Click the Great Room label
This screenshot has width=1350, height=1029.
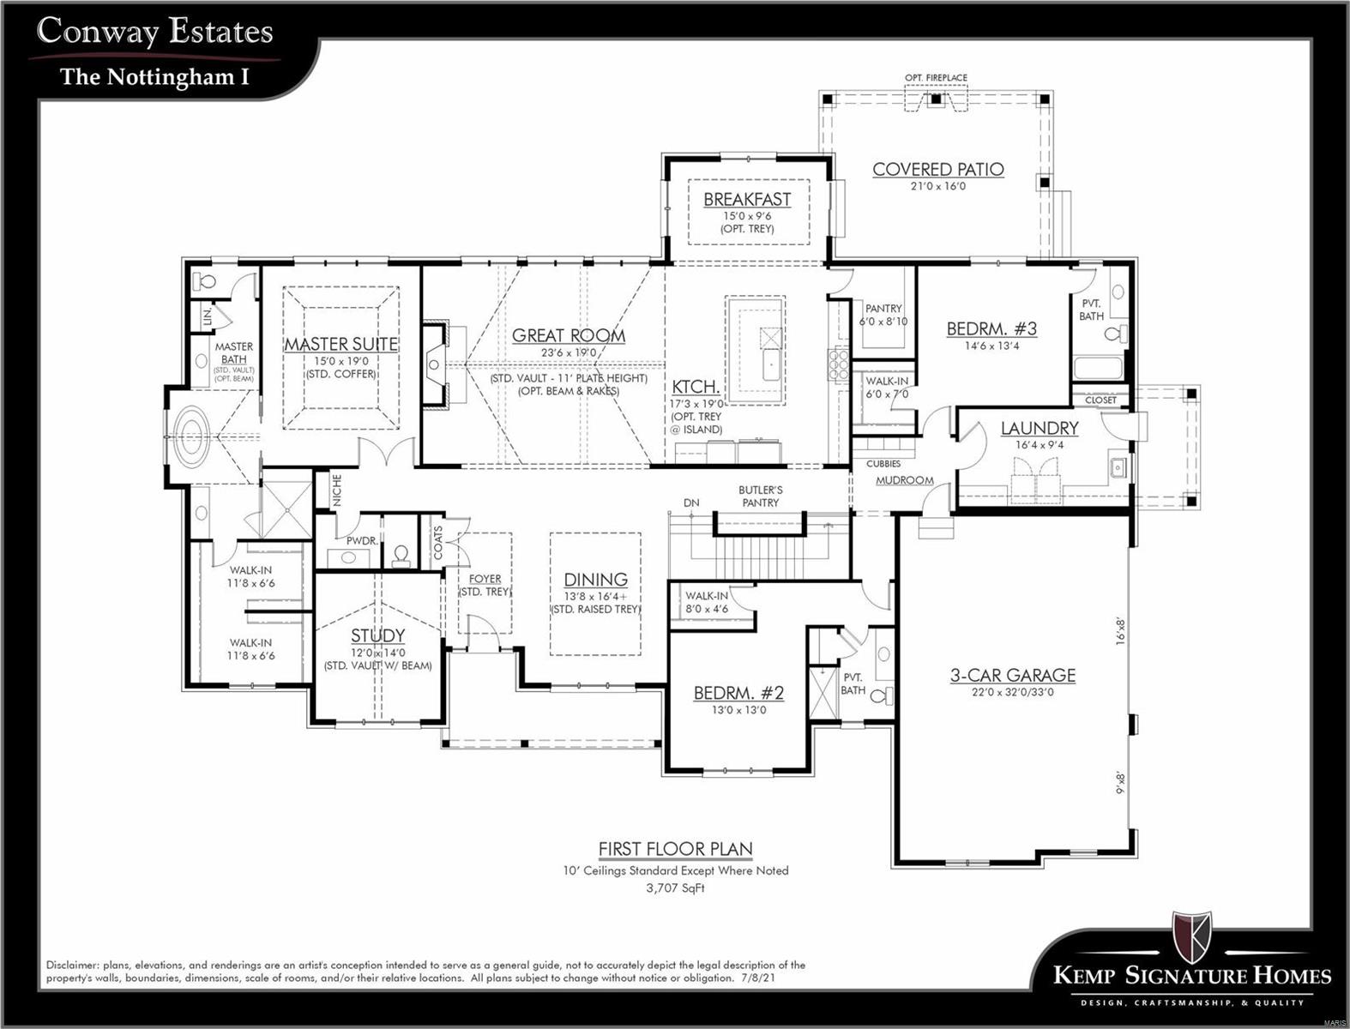(x=568, y=336)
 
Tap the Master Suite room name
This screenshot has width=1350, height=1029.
(x=341, y=345)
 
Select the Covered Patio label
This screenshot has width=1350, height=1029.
(x=937, y=170)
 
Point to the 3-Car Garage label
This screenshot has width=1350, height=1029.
(x=1012, y=676)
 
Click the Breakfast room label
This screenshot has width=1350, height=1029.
(x=747, y=200)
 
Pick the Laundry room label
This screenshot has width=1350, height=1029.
(x=1039, y=428)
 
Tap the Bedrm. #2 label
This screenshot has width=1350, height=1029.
(x=738, y=693)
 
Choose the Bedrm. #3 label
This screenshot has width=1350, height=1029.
(x=991, y=329)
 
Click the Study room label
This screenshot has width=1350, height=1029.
(x=377, y=636)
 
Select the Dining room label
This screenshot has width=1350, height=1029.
(x=595, y=580)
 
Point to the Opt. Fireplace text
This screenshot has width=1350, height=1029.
(x=936, y=78)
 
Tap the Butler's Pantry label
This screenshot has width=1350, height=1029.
(x=760, y=496)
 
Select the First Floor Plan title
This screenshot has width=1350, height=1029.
(x=675, y=849)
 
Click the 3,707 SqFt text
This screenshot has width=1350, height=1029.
(x=675, y=888)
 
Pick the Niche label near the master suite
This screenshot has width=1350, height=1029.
(x=337, y=490)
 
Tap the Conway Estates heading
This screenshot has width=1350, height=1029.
(x=155, y=32)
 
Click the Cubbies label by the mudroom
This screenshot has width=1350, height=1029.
(x=883, y=464)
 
